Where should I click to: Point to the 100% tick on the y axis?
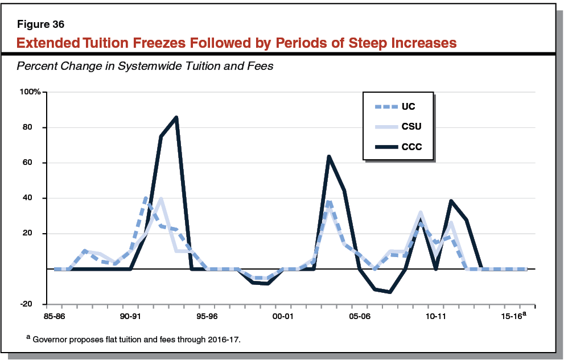30,92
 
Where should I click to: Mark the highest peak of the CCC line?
176,117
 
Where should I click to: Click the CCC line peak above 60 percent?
329,156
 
